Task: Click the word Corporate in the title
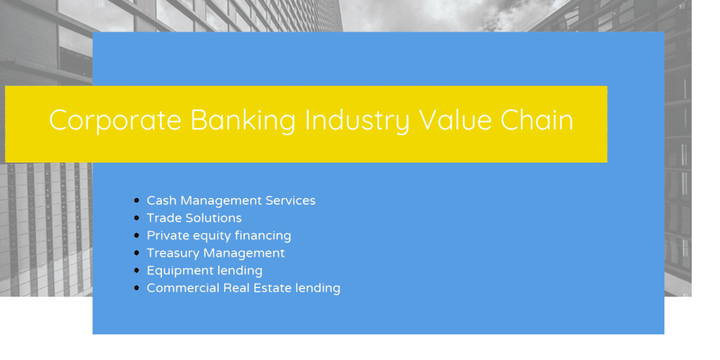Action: coord(115,120)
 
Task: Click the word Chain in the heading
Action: coord(537,120)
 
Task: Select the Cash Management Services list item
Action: coord(231,201)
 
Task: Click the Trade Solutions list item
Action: coord(194,218)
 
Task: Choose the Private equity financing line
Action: coord(219,236)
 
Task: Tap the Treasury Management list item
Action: coord(215,253)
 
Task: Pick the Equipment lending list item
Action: coord(204,271)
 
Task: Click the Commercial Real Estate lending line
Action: coord(243,288)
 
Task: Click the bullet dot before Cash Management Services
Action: coord(137,201)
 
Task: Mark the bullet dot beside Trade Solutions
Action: coord(137,218)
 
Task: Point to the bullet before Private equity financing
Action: coord(137,236)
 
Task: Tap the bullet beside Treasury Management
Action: coord(137,253)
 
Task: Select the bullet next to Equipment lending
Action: coord(137,271)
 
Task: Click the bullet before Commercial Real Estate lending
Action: coord(137,288)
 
